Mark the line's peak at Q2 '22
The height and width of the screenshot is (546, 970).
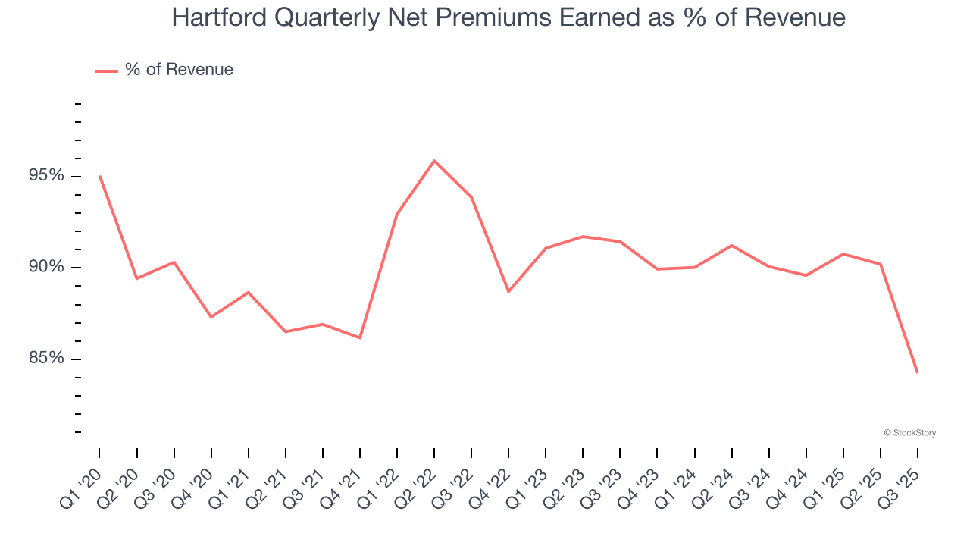point(434,161)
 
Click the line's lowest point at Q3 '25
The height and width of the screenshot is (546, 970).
point(918,372)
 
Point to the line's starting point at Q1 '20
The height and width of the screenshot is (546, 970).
point(99,176)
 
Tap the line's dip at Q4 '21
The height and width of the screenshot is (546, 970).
point(360,338)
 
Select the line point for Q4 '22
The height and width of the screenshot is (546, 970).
point(508,291)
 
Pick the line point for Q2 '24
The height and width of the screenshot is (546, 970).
point(731,245)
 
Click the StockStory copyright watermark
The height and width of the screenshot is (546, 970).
point(909,433)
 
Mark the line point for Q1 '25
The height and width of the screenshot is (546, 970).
point(843,254)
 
